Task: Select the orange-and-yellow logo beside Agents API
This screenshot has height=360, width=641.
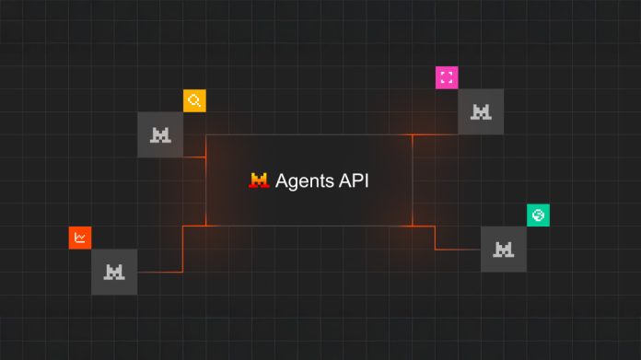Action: pos(259,180)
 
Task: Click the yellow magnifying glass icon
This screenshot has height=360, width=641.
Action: pos(194,100)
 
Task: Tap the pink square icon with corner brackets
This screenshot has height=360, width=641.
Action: pos(447,77)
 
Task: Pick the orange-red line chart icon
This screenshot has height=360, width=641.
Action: pos(80,238)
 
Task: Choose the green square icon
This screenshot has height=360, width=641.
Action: pos(539,215)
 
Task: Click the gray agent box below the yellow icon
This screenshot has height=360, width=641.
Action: pos(160,134)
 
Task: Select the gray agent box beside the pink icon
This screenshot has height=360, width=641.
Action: pos(481,111)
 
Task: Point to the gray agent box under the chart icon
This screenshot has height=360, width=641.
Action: pos(114,272)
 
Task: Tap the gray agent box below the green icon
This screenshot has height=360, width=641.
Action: pos(504,249)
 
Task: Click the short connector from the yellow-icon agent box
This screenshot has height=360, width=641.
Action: pos(194,157)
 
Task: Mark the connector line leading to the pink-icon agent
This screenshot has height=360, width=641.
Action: pos(435,134)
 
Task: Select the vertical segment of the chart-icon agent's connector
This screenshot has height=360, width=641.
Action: pos(183,249)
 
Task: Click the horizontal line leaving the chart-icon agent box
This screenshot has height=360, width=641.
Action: pos(159,272)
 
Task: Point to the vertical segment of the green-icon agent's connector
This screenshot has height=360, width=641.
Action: pos(435,238)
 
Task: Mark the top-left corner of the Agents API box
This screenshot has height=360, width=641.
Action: pos(206,134)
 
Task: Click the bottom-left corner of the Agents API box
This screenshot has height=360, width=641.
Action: pos(206,226)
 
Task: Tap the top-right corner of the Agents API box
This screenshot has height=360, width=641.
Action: pos(412,134)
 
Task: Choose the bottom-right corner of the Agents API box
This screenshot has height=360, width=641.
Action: pos(412,226)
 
